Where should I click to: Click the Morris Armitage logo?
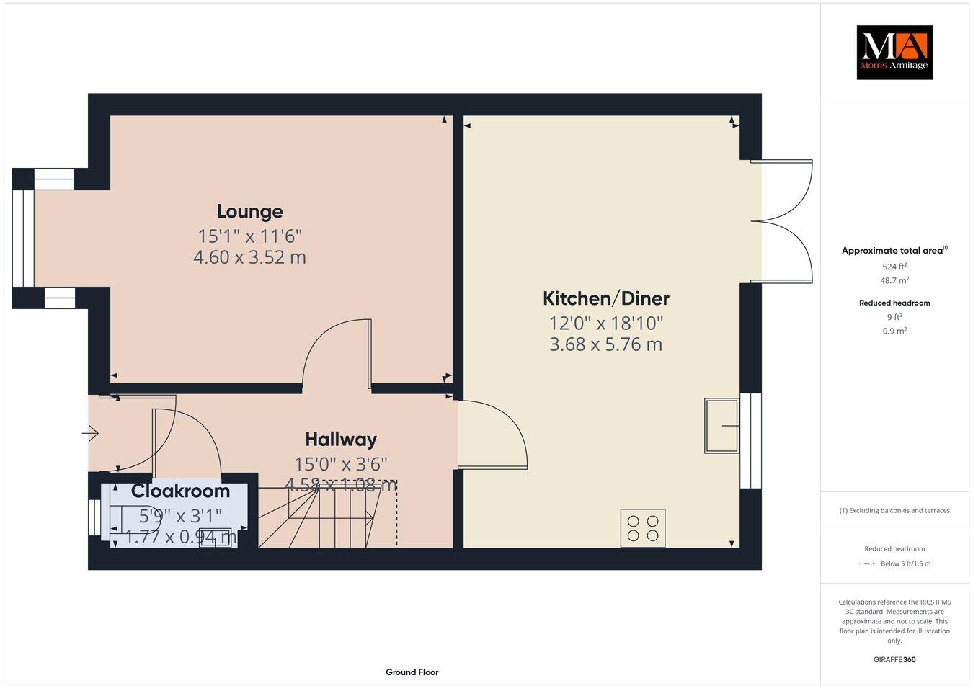894,52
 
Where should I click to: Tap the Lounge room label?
249,211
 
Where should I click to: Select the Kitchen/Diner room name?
605,298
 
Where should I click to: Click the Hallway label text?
340,439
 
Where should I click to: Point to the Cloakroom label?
180,491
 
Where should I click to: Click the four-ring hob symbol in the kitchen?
643,527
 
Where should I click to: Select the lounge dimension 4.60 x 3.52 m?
249,257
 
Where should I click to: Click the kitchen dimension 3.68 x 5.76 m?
605,344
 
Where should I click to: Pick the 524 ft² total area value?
894,266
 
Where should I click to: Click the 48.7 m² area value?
894,281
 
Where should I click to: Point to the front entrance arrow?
91,433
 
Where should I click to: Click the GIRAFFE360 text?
894,659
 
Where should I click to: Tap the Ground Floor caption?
412,672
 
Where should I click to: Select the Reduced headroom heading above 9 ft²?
894,303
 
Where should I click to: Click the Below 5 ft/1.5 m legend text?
905,563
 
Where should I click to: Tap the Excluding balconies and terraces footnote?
894,510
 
